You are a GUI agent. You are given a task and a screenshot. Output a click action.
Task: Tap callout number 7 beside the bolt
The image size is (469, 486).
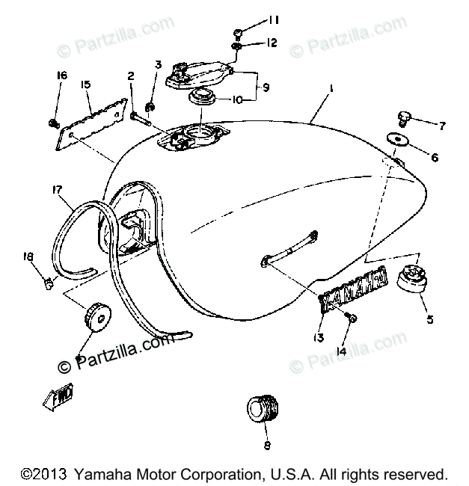442,126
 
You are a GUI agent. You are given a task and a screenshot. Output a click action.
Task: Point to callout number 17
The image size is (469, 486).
56,190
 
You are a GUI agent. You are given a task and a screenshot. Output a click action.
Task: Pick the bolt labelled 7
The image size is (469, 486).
403,118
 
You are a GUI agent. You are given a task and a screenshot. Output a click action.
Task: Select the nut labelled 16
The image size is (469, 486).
55,121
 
